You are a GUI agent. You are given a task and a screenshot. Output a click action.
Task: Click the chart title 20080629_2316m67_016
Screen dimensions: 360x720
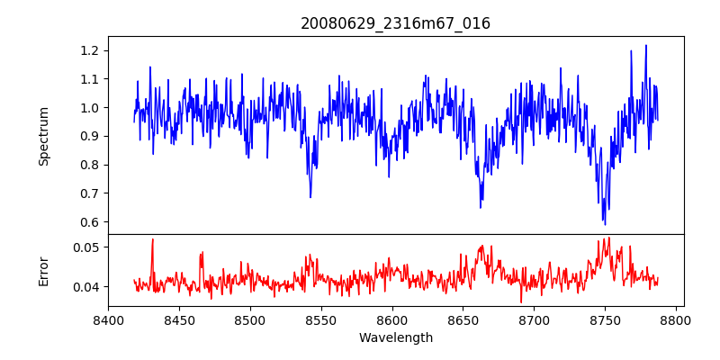395,23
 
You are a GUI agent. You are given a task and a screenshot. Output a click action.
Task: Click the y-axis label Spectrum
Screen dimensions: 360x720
44,136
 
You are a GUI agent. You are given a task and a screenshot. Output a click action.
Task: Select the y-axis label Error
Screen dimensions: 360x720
44,271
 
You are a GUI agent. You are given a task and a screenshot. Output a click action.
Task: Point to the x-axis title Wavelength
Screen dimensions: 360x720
395,338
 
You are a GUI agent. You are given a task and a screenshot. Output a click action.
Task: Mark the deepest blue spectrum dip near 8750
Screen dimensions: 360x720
605,224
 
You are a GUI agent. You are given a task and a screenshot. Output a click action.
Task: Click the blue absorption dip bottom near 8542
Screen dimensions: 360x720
310,197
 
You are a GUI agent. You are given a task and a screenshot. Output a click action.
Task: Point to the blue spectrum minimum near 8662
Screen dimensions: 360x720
481,208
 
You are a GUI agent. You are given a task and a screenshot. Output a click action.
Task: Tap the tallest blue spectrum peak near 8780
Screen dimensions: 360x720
646,45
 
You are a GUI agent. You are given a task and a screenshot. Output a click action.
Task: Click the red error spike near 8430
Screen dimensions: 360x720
153,239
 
